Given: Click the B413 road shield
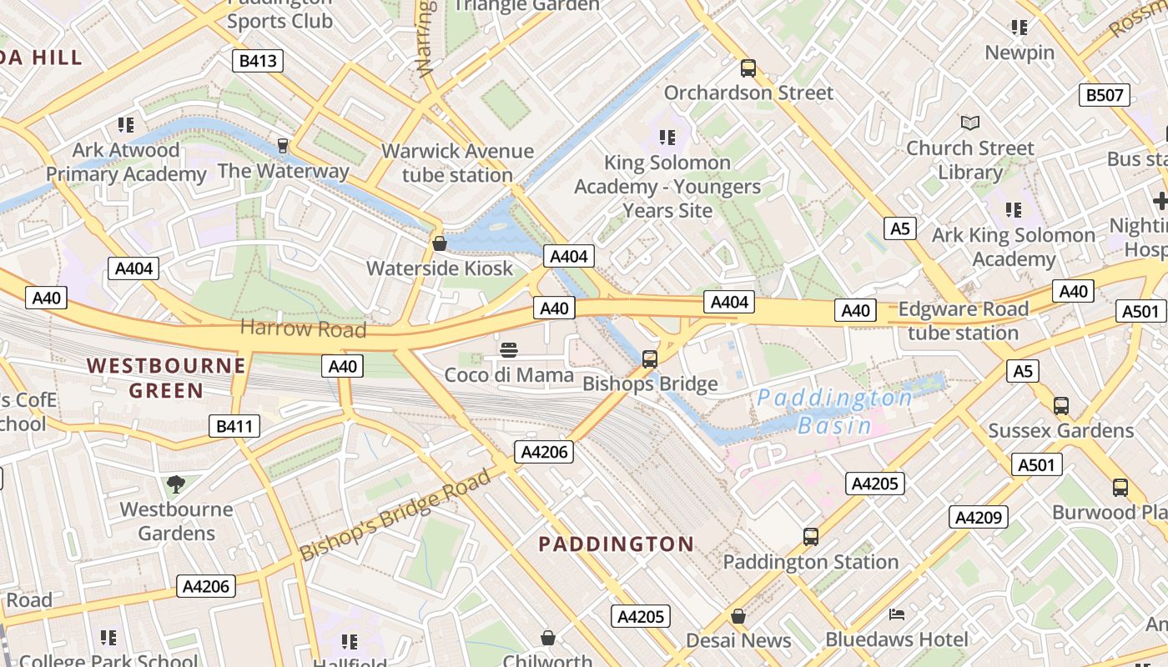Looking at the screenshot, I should tap(257, 61).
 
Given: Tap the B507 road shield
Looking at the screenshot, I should tap(1104, 95).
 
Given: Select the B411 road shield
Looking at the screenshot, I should tap(234, 427).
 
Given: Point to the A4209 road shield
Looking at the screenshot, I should tap(978, 518).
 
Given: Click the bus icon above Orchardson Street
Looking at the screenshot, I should tap(748, 68).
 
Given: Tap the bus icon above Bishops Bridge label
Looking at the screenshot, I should tap(650, 359).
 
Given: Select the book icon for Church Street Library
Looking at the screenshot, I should tap(969, 123).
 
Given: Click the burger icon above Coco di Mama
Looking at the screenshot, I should tap(509, 350).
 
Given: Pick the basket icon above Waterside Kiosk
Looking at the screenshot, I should tap(439, 243).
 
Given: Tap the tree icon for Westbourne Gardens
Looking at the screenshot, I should tap(176, 484).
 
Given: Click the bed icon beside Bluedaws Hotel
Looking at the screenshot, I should tap(897, 615).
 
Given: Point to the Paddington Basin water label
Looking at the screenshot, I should tap(834, 411).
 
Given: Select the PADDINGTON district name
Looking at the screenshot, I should tap(616, 544).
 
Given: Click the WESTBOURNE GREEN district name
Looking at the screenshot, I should tap(166, 378).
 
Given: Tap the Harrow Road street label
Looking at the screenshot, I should tap(303, 328).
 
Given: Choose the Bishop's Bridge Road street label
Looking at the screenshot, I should tap(395, 514).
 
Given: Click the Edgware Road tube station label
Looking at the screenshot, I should tap(963, 321).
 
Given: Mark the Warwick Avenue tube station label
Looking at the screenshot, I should tap(457, 163).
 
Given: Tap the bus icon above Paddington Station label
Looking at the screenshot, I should tap(810, 537).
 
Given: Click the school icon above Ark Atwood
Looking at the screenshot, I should tap(126, 125).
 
